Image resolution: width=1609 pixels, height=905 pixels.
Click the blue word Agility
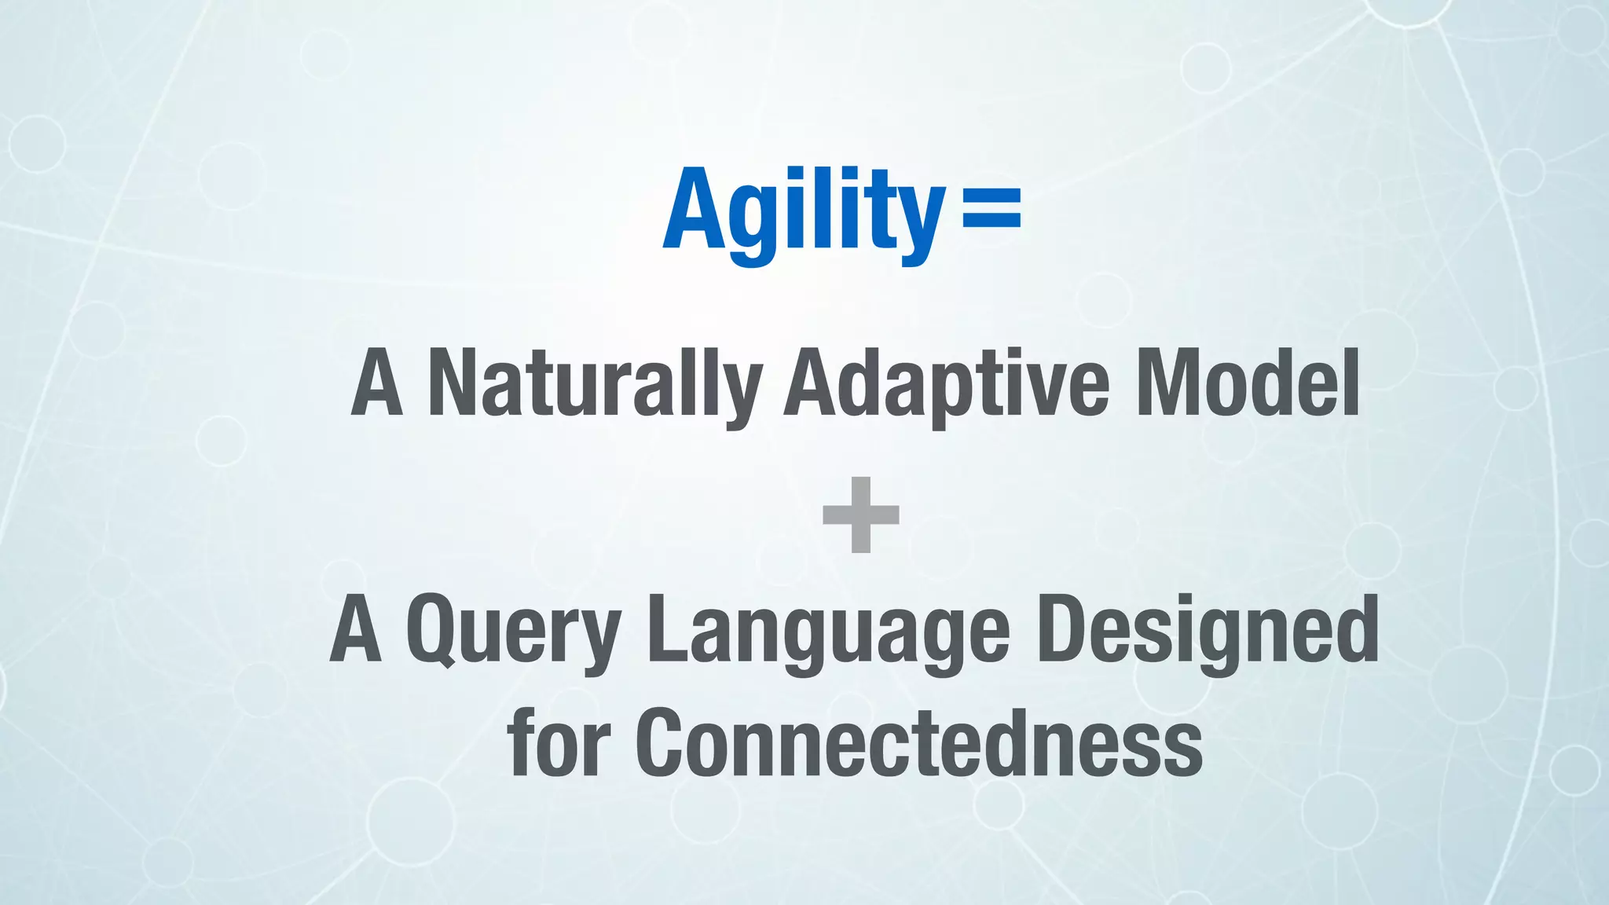tap(803, 211)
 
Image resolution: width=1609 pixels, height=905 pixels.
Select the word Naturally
tap(595, 384)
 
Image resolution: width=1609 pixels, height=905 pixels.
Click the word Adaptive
tap(947, 384)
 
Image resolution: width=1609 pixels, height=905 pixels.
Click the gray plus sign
tap(860, 515)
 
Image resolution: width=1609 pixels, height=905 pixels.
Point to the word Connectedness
tap(919, 743)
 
